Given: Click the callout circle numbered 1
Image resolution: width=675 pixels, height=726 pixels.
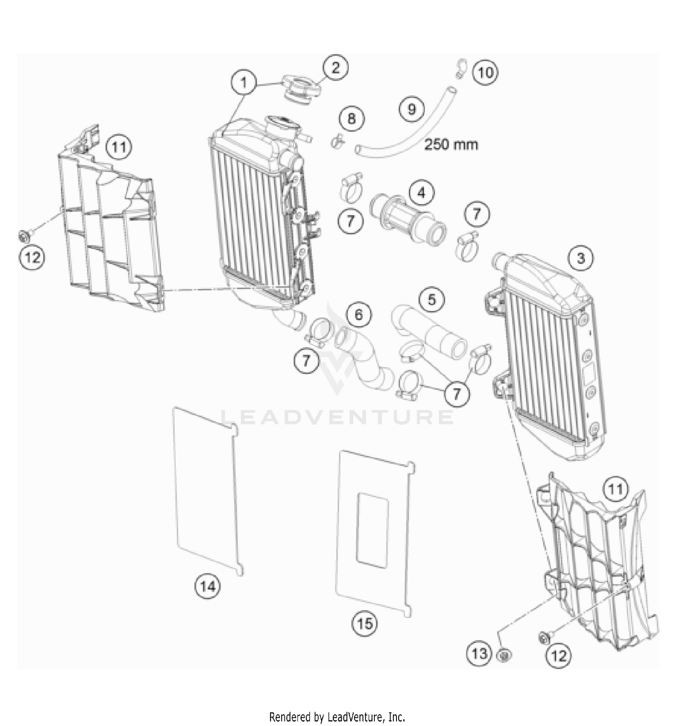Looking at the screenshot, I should [x=244, y=83].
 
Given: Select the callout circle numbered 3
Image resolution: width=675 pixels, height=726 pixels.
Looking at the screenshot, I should [x=580, y=258].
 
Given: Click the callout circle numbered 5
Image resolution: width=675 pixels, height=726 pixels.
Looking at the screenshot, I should [x=432, y=299].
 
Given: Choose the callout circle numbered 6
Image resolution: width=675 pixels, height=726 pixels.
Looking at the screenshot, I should [x=359, y=314].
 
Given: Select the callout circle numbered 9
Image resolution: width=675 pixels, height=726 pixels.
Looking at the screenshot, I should [x=412, y=109].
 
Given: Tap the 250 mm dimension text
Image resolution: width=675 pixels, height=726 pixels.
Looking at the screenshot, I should [x=451, y=145].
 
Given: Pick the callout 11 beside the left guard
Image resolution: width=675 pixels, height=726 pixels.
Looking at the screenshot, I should [x=119, y=147].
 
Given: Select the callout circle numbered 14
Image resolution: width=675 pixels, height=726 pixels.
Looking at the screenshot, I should [x=208, y=586].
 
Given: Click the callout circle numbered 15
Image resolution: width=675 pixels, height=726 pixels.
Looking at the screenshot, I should [x=364, y=623].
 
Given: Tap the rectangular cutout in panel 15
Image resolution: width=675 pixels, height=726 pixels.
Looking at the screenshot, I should [x=373, y=530].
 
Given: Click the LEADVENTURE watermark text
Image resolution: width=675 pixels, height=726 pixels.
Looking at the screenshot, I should [x=337, y=417].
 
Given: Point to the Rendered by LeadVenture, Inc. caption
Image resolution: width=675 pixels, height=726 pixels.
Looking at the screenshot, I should [x=337, y=716].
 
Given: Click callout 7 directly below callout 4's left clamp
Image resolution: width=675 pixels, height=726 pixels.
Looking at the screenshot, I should [x=351, y=221].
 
